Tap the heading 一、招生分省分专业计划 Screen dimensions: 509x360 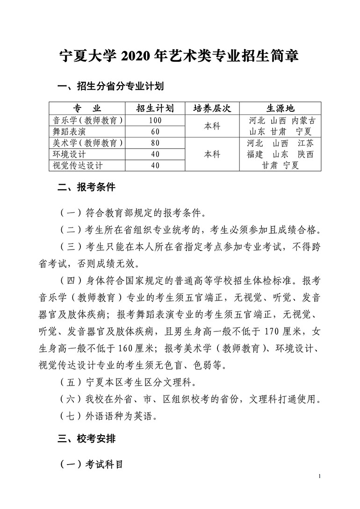pos(110,86)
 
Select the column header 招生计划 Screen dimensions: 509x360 pos(155,108)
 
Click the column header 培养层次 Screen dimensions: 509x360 pos(212,108)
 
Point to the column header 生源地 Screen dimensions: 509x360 pos(281,108)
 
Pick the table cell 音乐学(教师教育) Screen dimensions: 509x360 pos(88,120)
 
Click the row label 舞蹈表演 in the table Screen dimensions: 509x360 pos(70,131)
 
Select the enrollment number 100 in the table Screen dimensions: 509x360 pos(155,120)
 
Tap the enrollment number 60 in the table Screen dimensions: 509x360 pos(155,131)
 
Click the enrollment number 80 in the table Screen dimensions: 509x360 pos(155,143)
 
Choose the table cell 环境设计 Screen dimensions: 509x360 pos(70,154)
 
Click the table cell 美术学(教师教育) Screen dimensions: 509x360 pos(88,143)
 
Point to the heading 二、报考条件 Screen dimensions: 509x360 pos(86,188)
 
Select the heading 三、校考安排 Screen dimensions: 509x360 pos(86,439)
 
